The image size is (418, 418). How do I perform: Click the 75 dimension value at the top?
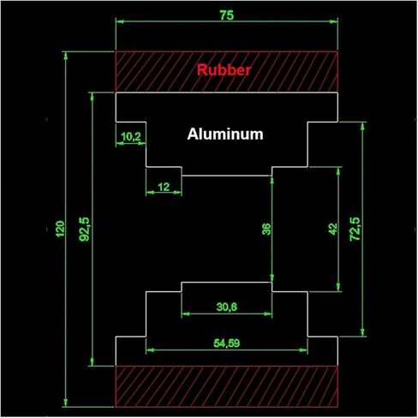227,15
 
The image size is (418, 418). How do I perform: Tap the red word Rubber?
224,70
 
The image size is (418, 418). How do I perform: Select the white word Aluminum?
225,134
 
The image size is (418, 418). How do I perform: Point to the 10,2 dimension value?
131,137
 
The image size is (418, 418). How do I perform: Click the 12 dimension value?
164,187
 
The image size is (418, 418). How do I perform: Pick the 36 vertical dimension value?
266,229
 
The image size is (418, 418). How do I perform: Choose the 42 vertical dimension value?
332,229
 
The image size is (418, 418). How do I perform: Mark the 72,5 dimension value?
355,229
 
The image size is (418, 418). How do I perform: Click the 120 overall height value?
60,229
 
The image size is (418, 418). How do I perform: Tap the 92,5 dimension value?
84,230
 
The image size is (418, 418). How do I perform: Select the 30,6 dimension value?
227,307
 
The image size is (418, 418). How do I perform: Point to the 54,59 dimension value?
227,343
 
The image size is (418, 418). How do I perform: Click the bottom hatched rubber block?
227,386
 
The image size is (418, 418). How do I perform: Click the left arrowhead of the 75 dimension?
120,21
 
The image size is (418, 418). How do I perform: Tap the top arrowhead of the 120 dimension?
66,56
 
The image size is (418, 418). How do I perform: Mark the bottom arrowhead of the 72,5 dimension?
362,332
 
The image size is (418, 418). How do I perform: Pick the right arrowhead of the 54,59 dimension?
303,350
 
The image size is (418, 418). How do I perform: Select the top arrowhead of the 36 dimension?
272,180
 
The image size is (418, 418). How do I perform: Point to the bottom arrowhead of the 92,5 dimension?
92,361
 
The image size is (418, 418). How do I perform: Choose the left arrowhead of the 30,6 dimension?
186,314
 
